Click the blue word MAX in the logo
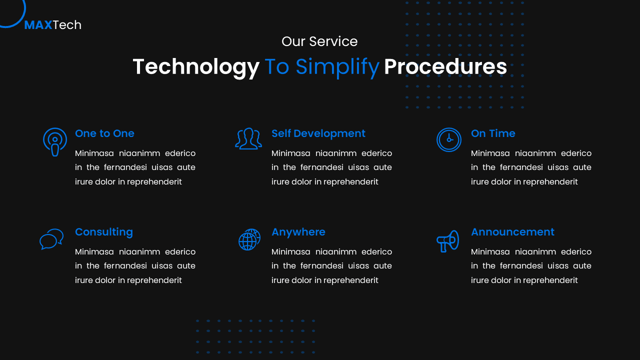(x=38, y=25)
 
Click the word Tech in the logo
(x=67, y=25)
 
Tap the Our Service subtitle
(x=319, y=41)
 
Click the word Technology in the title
(x=195, y=67)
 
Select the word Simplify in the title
(x=337, y=67)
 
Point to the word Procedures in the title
(x=445, y=67)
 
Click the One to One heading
(x=104, y=133)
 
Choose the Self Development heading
(x=318, y=133)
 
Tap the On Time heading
(x=492, y=133)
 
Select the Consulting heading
(x=103, y=232)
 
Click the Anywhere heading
(x=298, y=232)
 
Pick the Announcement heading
(x=512, y=232)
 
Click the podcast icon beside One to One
(x=55, y=141)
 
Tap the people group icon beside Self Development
(x=248, y=139)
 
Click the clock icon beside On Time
(x=448, y=139)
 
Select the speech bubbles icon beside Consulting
(x=51, y=239)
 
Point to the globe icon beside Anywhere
(x=249, y=239)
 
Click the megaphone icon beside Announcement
(x=447, y=240)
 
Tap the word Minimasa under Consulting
(x=94, y=251)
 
